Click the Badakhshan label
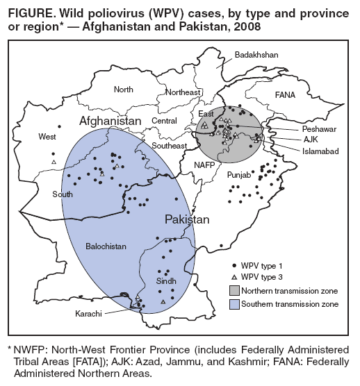point(256,54)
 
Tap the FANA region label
point(285,94)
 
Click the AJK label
point(310,140)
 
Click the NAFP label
point(204,165)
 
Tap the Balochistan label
point(106,246)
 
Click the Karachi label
point(90,314)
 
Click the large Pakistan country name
point(187,219)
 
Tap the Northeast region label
point(183,92)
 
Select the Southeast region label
point(170,146)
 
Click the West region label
point(47,136)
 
